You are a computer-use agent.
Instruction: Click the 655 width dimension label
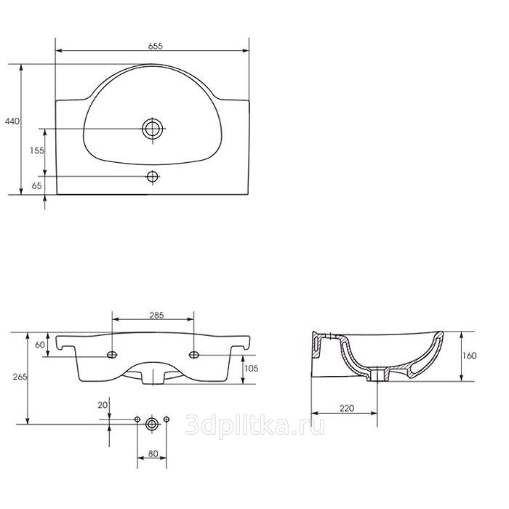tap(155, 47)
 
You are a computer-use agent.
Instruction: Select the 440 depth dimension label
tap(12, 121)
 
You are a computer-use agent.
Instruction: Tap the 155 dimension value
tap(36, 151)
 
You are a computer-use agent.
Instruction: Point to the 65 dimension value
tap(36, 185)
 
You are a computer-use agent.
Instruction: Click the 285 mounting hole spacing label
tap(156, 315)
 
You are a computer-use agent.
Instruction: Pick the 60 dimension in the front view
tap(40, 345)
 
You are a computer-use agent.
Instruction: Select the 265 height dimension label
tap(20, 377)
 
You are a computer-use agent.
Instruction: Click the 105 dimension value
tap(252, 368)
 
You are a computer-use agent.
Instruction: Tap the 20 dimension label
tap(103, 405)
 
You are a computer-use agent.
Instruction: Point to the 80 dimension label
tap(153, 454)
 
